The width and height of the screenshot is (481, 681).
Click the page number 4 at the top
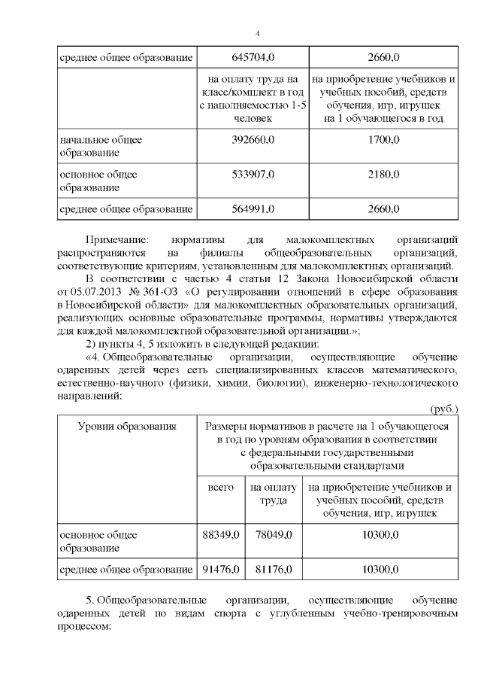(257, 33)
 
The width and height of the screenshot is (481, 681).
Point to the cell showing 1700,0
(383, 139)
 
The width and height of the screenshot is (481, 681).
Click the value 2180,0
(383, 175)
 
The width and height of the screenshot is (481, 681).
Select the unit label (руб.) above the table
(443, 409)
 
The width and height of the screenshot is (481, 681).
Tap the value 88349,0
(220, 534)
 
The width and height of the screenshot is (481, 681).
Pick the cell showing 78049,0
(271, 534)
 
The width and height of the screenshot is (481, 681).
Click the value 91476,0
(220, 570)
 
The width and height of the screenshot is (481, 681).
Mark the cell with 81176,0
(271, 570)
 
